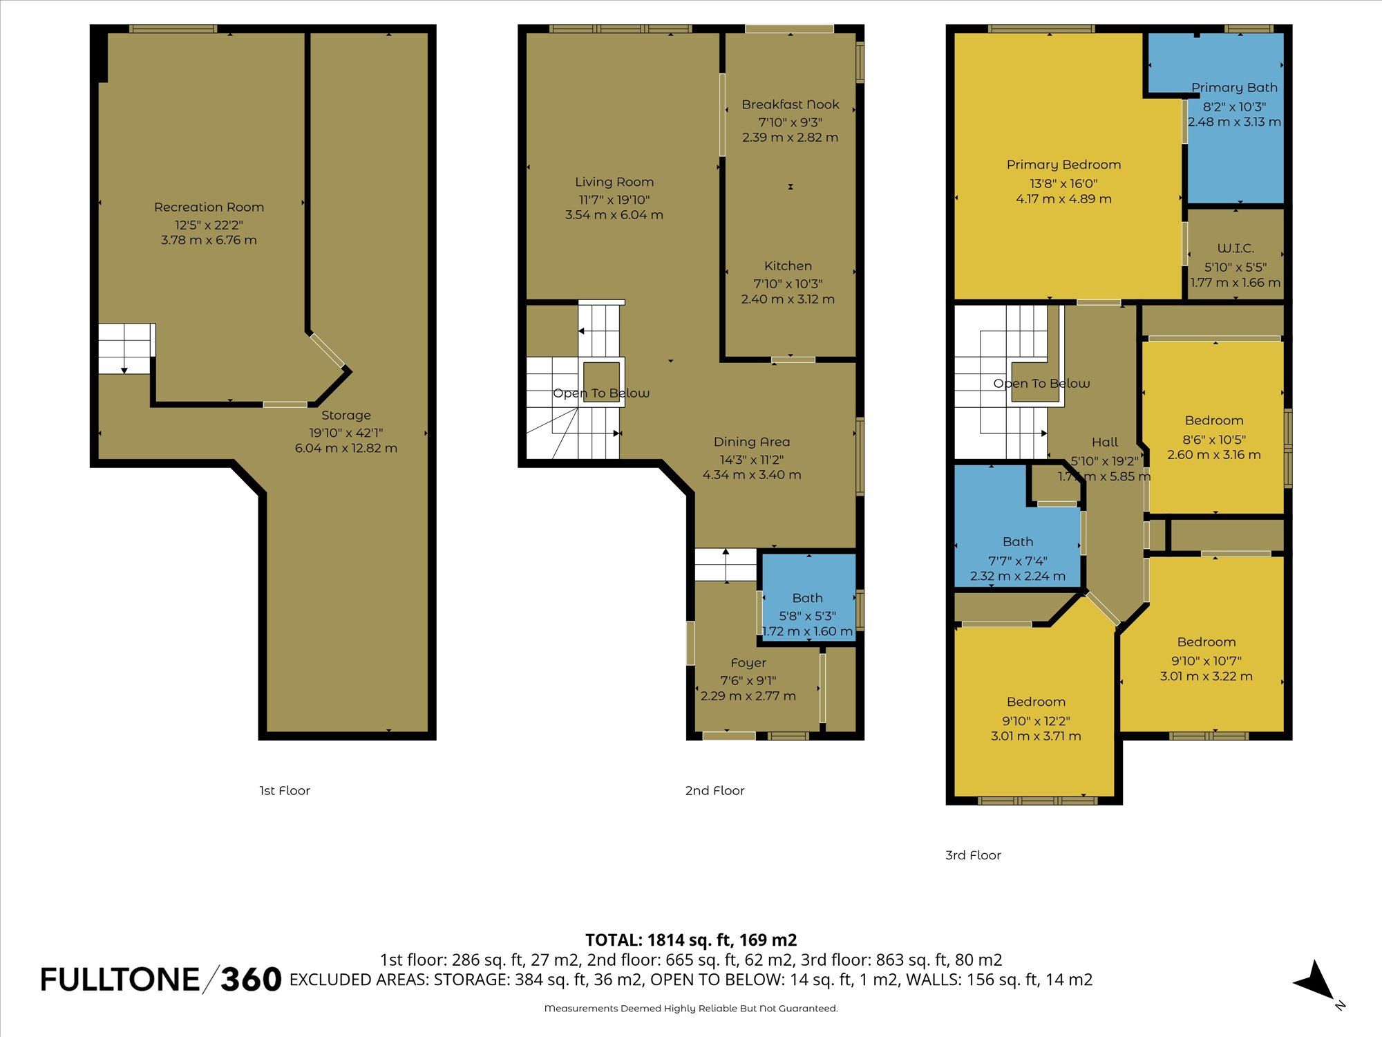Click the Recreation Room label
point(209,207)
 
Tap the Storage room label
point(346,415)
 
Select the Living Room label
point(614,182)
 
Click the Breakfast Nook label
point(791,104)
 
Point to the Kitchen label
point(788,266)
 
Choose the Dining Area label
point(752,442)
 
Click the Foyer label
point(748,663)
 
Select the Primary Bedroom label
point(1063,165)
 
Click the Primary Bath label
point(1234,88)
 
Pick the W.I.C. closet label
point(1236,248)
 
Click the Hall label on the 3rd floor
point(1105,442)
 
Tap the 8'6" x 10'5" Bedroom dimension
point(1214,439)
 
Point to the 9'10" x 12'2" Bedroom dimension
point(1036,720)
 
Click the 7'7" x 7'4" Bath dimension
point(1018,561)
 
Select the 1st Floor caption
point(285,791)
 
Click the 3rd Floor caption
point(973,855)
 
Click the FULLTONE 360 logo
point(161,980)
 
